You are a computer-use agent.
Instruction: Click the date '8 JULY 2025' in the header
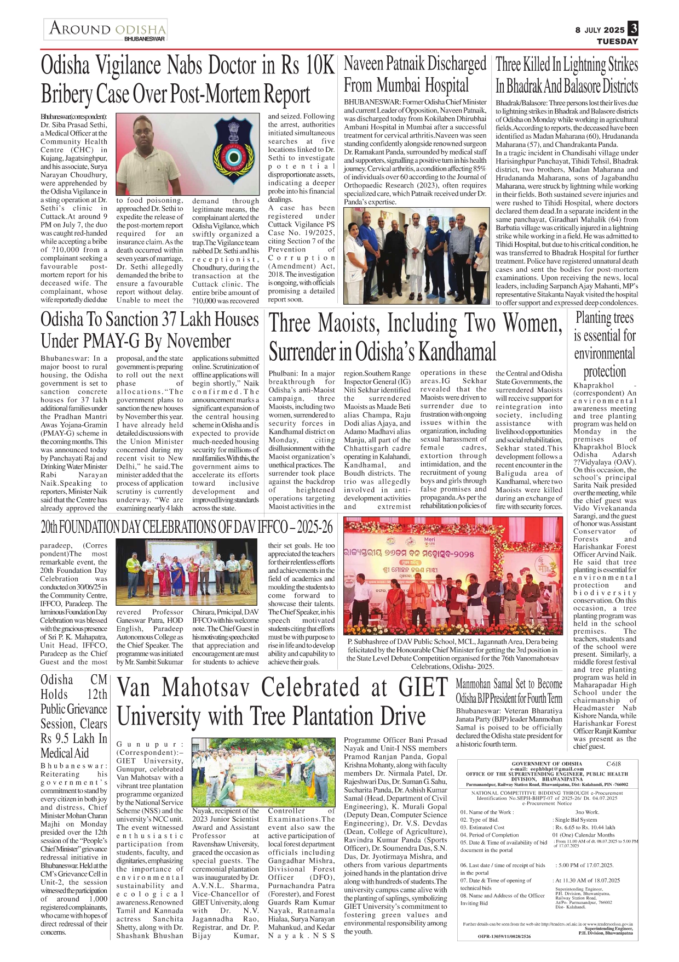(x=600, y=30)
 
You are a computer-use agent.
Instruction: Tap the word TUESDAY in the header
(x=617, y=42)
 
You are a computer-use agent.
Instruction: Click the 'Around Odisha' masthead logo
(x=107, y=29)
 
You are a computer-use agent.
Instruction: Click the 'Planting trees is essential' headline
(x=605, y=344)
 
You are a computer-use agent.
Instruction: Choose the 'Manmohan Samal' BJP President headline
(x=509, y=691)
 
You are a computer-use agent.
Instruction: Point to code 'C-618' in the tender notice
(x=613, y=764)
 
